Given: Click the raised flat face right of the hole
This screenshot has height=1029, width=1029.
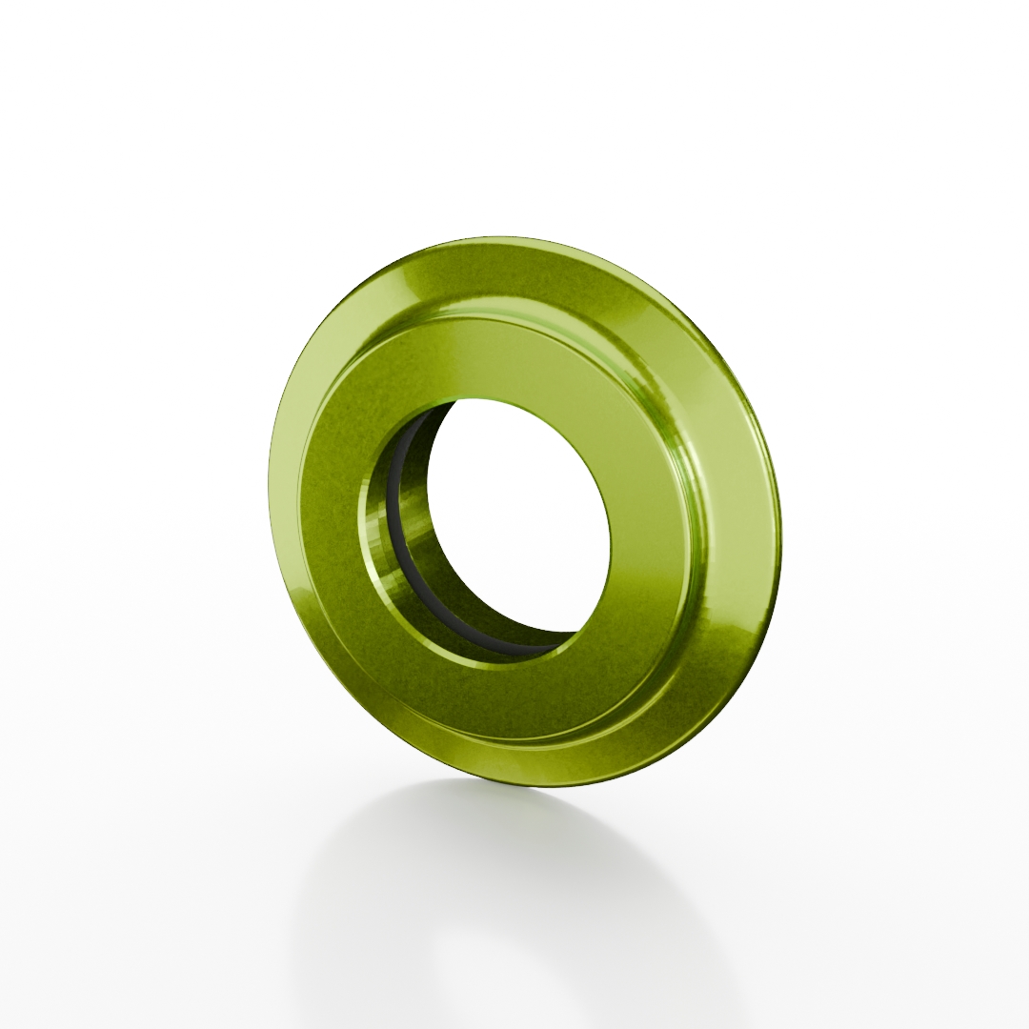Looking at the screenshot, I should [657, 534].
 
